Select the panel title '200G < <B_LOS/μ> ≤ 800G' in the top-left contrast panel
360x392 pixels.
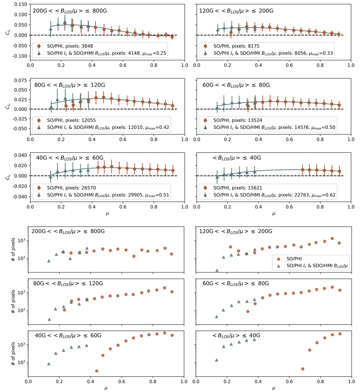(70, 11)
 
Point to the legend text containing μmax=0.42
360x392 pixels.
(108, 127)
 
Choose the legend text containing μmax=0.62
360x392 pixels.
(274, 195)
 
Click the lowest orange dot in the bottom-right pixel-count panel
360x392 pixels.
(303, 369)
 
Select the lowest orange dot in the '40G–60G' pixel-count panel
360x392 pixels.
(97, 371)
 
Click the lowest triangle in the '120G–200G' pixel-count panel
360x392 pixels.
(217, 271)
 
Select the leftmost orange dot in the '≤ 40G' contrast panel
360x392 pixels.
(303, 170)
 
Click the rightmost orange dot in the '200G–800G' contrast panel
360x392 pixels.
(172, 37)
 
